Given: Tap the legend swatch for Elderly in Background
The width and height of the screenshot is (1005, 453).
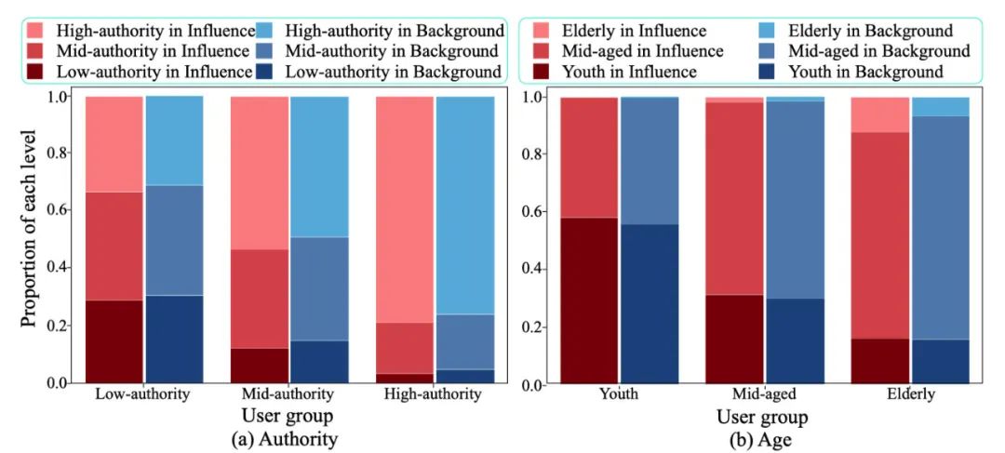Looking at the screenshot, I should coord(772,31).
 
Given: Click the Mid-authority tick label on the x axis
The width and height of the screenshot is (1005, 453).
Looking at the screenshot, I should coord(288,393).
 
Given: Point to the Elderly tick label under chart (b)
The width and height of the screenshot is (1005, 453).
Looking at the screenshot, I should coord(911,393).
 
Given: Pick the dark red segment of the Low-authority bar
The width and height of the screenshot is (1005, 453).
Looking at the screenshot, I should coord(114,340).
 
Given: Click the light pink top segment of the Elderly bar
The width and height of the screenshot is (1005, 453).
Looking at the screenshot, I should coord(880,114).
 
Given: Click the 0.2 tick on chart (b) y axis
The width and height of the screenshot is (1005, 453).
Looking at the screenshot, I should coord(536,326).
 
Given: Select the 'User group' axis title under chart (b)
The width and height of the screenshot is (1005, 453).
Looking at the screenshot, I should coord(760,415).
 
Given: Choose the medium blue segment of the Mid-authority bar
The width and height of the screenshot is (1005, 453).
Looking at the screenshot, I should coord(319,288).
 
